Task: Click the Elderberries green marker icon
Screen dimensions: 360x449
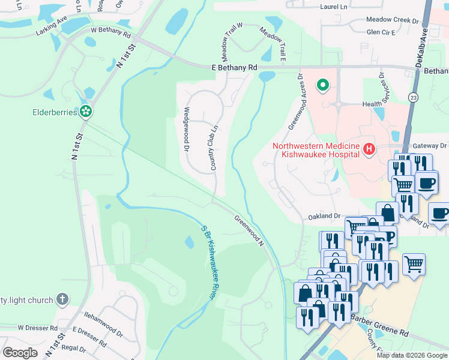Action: pos(86,111)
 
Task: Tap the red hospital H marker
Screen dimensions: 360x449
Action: pos(369,149)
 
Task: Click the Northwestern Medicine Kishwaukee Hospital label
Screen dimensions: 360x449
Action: pos(316,149)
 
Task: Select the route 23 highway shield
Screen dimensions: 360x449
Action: pos(413,96)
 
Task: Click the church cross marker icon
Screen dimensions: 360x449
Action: pos(62,299)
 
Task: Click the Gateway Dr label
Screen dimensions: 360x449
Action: pos(431,146)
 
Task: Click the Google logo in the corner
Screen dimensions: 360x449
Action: pos(20,352)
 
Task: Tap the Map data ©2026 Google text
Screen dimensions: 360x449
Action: pos(412,355)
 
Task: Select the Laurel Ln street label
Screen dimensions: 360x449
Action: pos(318,7)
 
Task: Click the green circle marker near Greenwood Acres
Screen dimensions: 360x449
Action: pos(323,85)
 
